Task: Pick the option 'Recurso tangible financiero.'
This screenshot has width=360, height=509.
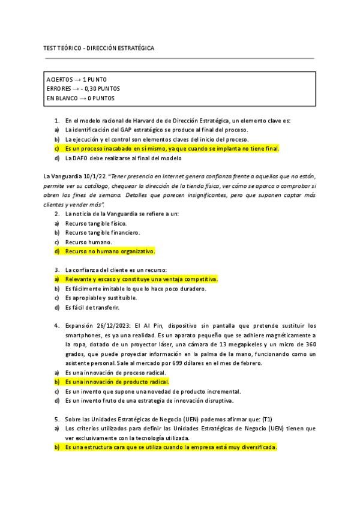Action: click(94, 232)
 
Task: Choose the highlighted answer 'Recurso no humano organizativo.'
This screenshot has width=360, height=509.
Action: click(110, 251)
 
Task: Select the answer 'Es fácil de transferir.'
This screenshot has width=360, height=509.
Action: click(92, 307)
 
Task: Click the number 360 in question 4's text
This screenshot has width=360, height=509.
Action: click(308, 345)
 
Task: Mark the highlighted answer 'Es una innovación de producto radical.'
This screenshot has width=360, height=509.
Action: click(117, 382)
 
